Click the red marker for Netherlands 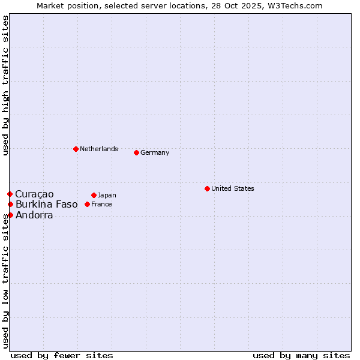76,149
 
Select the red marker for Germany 136,152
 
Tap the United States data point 207,188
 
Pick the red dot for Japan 94,195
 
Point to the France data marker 87,204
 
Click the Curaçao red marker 10,194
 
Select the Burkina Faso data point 10,204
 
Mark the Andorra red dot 10,215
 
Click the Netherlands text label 98,149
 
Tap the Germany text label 155,152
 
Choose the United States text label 232,188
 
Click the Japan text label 107,195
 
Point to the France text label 101,204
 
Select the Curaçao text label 34,194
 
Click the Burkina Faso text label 46,204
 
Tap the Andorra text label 34,215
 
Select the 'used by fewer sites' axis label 62,355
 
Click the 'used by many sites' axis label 301,355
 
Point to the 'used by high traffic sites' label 5,85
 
